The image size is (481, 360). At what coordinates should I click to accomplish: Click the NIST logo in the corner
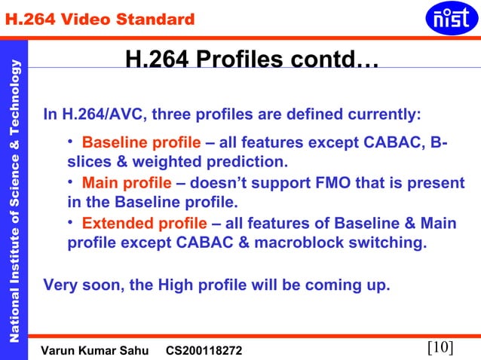(x=452, y=19)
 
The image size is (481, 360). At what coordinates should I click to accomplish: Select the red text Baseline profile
(x=141, y=143)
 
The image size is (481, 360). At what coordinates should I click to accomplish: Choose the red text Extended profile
(x=143, y=224)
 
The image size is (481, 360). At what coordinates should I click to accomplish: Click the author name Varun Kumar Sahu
(x=95, y=350)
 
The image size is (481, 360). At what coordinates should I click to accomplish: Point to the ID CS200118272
(x=204, y=350)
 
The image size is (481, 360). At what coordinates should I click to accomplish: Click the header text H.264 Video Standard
(x=100, y=19)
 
